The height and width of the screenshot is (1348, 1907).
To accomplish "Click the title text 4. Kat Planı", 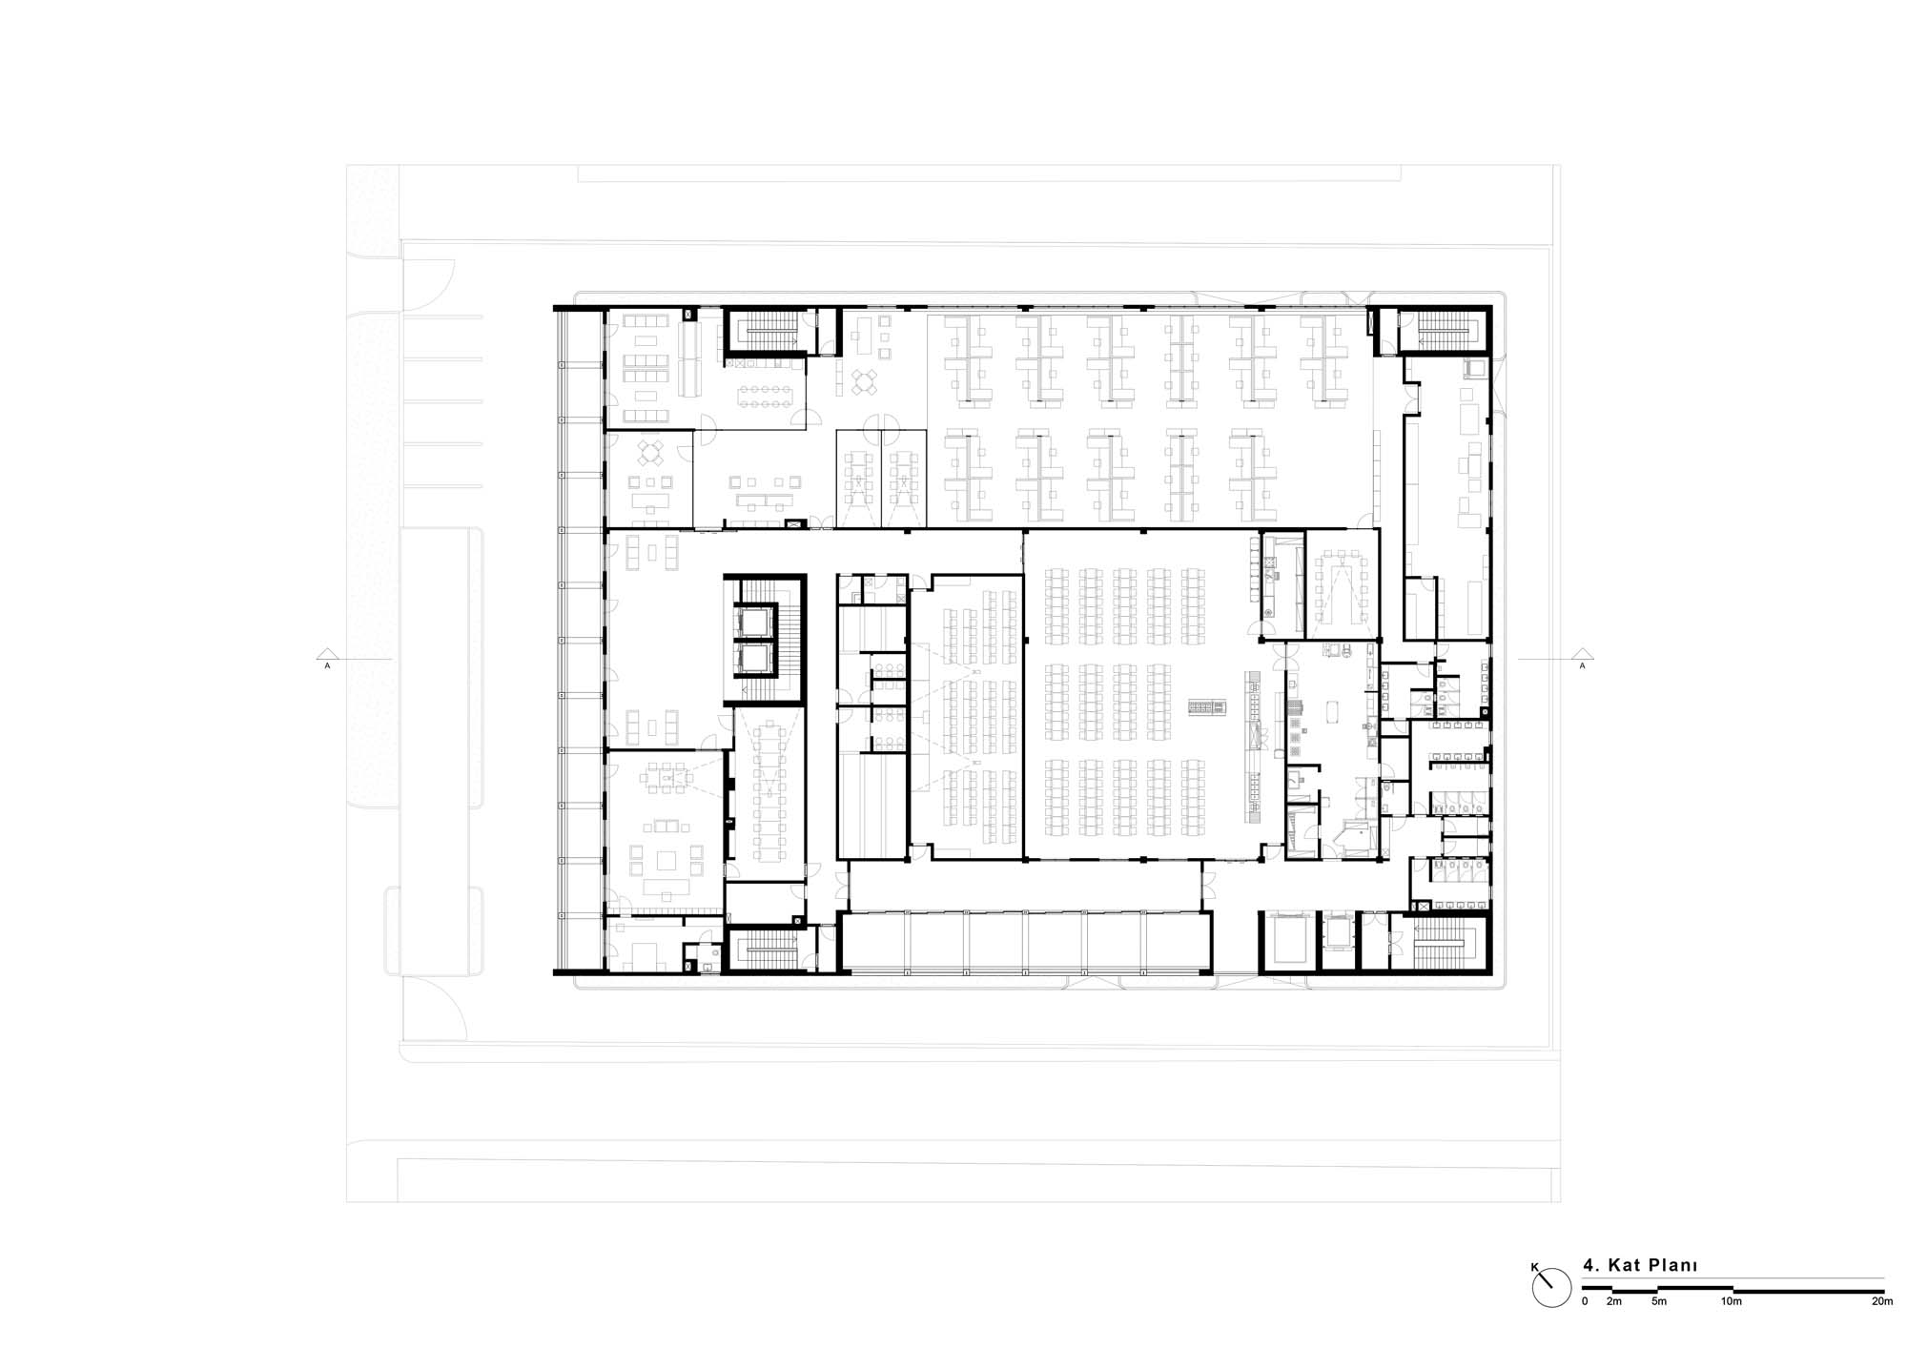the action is pos(1640,1266).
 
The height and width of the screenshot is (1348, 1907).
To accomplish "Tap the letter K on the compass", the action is pos(1534,1267).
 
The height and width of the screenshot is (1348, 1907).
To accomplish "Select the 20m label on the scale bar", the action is pos(1882,1301).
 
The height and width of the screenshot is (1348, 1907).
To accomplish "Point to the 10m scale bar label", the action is pos(1732,1301).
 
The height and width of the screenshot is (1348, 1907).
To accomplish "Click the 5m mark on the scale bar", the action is pos(1659,1301).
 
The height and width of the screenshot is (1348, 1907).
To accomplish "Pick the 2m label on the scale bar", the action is pos(1613,1301).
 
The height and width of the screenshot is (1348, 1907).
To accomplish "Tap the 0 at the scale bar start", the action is pos(1585,1301).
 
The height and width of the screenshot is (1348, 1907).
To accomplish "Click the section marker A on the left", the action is pos(327,664).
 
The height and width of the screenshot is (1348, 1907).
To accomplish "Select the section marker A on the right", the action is pos(1582,664).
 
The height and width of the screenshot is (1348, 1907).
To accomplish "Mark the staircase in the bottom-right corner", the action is pos(1442,943).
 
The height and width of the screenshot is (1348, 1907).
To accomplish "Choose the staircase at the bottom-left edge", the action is pos(770,948).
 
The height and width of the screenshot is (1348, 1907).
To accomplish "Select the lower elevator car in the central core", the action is pos(749,657).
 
